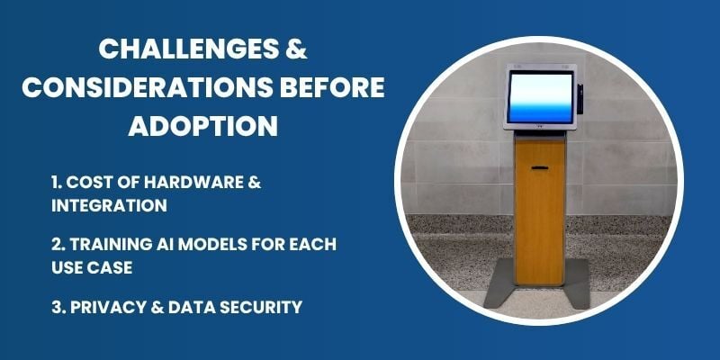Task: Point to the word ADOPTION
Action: click(x=202, y=126)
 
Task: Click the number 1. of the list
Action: click(x=57, y=184)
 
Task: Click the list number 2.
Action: click(x=58, y=245)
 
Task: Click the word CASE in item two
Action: click(x=112, y=267)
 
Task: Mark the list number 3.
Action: click(x=58, y=307)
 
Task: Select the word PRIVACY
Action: click(x=108, y=307)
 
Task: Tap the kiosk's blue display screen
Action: click(x=538, y=97)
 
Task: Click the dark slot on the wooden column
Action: click(x=539, y=167)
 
